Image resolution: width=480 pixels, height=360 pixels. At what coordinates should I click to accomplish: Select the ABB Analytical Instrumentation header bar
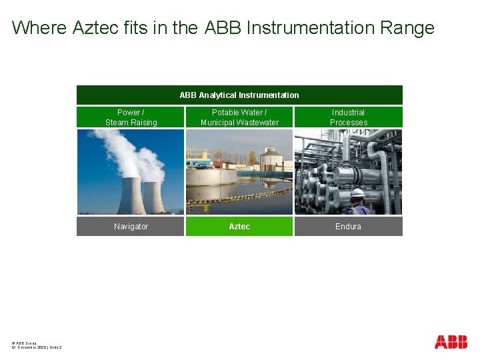(x=239, y=95)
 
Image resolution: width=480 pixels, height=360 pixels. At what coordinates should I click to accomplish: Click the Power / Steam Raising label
(x=131, y=117)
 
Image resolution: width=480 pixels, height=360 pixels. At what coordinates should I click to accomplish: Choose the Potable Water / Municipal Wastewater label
(x=239, y=117)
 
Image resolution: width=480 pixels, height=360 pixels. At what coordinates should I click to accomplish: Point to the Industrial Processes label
(x=348, y=117)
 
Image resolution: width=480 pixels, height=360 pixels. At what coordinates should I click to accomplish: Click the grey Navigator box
(x=131, y=227)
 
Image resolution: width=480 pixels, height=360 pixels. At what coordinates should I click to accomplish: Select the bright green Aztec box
(x=239, y=227)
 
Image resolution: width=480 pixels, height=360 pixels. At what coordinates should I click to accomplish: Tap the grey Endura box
(x=348, y=227)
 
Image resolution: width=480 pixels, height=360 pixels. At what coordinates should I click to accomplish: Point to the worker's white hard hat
(x=358, y=193)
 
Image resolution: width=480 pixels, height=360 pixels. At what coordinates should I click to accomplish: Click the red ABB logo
(x=451, y=342)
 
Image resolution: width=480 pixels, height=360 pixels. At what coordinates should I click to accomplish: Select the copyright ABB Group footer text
(x=24, y=343)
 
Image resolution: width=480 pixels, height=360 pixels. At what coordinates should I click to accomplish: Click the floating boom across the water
(x=239, y=195)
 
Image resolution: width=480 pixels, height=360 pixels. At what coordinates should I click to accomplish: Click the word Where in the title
(x=39, y=28)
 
